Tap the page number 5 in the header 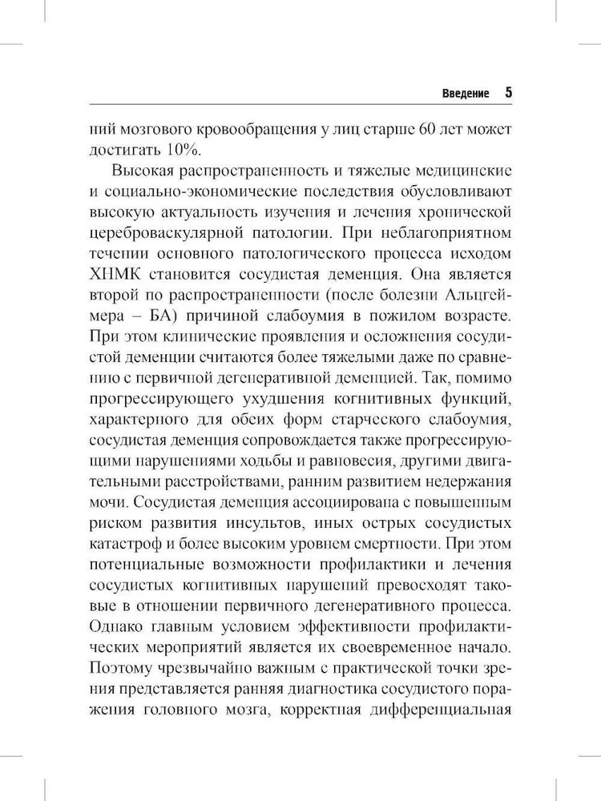click(508, 91)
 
